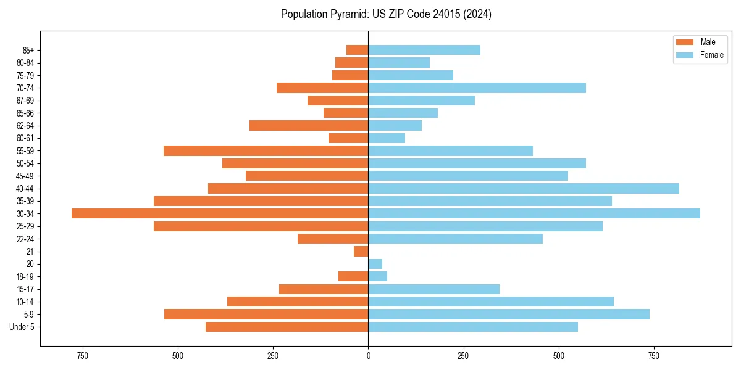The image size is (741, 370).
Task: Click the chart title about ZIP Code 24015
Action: click(386, 14)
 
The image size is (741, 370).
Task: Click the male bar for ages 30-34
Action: click(220, 213)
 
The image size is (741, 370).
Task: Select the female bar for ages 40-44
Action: click(524, 188)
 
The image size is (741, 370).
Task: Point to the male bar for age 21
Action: click(361, 251)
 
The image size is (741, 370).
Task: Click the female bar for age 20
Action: click(375, 264)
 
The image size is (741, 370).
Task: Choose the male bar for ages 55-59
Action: click(266, 150)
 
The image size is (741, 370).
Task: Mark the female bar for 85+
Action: click(424, 50)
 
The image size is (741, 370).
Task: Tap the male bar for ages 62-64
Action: click(309, 125)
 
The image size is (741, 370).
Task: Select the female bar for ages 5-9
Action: click(509, 314)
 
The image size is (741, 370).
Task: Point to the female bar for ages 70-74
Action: click(477, 88)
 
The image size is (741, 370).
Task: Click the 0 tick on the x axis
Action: click(368, 356)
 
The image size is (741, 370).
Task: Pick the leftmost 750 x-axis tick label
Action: click(82, 356)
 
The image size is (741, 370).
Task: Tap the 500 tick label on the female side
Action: click(559, 356)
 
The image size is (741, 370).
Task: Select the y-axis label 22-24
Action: click(25, 239)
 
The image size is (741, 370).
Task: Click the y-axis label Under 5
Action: click(22, 327)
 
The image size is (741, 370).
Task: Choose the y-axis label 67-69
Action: click(25, 101)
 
